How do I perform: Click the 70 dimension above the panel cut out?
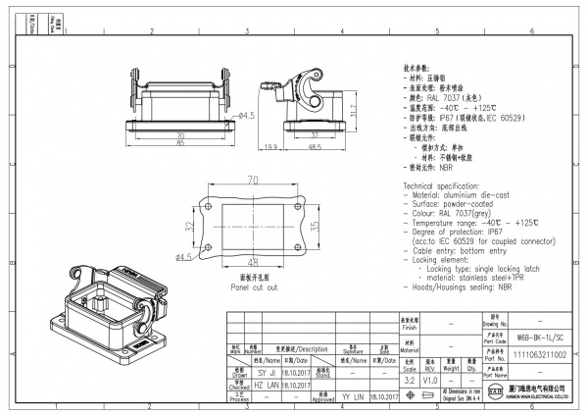point(252,181)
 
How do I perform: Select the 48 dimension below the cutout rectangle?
point(253,262)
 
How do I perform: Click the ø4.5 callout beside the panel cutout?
point(183,257)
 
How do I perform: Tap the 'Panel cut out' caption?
point(254,287)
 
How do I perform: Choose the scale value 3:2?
point(409,379)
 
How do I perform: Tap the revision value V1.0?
point(431,379)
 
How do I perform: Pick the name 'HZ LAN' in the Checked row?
point(267,386)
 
